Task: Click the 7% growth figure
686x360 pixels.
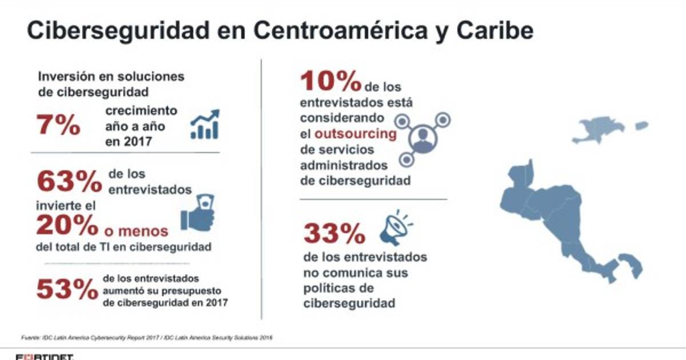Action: tap(59, 125)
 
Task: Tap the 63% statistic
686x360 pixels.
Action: tap(66, 182)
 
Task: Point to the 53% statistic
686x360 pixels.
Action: tap(66, 289)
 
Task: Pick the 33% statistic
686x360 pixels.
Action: tap(334, 233)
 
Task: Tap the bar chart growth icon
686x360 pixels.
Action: tap(205, 124)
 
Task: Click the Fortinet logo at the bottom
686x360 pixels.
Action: tap(37, 357)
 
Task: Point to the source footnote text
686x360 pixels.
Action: tap(143, 337)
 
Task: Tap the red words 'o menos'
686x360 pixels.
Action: tap(136, 231)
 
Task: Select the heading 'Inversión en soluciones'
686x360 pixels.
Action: tap(111, 76)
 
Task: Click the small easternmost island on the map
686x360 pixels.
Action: tap(641, 125)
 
